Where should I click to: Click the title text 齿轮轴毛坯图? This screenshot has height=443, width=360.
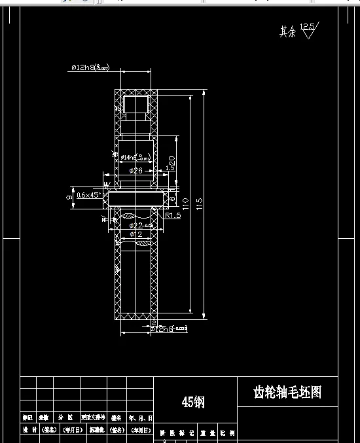(x=287, y=392)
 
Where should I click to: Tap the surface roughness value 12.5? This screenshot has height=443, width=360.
(x=307, y=27)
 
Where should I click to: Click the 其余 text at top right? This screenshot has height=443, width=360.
(x=287, y=31)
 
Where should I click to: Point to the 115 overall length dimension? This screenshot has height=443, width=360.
(x=200, y=205)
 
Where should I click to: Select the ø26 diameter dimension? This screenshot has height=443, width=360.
(x=135, y=170)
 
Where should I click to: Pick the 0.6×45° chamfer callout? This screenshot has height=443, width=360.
(x=88, y=195)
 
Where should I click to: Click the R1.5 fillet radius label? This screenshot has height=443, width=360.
(x=173, y=215)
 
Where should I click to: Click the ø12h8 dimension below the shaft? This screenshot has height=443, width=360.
(x=168, y=329)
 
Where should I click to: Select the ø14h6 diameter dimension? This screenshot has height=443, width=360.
(x=135, y=157)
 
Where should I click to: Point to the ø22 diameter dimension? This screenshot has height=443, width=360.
(x=140, y=225)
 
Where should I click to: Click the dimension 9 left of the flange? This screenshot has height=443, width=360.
(x=69, y=196)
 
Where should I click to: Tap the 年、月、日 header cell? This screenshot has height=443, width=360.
(x=141, y=417)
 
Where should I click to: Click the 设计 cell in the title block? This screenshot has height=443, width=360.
(x=29, y=430)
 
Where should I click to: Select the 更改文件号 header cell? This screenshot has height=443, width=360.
(x=93, y=417)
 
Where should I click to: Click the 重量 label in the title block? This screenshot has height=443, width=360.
(x=207, y=433)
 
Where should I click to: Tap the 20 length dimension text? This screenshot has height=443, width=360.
(x=172, y=161)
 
